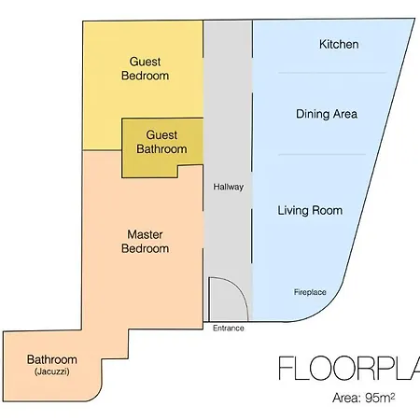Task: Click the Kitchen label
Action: click(x=339, y=44)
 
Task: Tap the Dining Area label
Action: click(x=327, y=114)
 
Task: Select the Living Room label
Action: click(x=310, y=210)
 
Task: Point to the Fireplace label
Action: click(x=310, y=292)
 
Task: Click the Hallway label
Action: click(x=228, y=187)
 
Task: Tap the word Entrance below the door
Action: click(x=228, y=328)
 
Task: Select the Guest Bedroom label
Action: click(x=145, y=68)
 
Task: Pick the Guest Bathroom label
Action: click(x=161, y=142)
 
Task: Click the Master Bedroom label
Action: click(x=145, y=242)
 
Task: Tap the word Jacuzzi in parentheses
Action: click(x=52, y=371)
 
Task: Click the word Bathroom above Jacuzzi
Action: click(x=52, y=359)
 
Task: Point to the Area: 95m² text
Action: click(x=364, y=398)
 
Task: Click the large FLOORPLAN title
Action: click(x=349, y=369)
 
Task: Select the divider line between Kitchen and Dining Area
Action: click(x=332, y=73)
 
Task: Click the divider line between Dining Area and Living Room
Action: click(x=322, y=154)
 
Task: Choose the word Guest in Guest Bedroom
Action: click(x=145, y=62)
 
